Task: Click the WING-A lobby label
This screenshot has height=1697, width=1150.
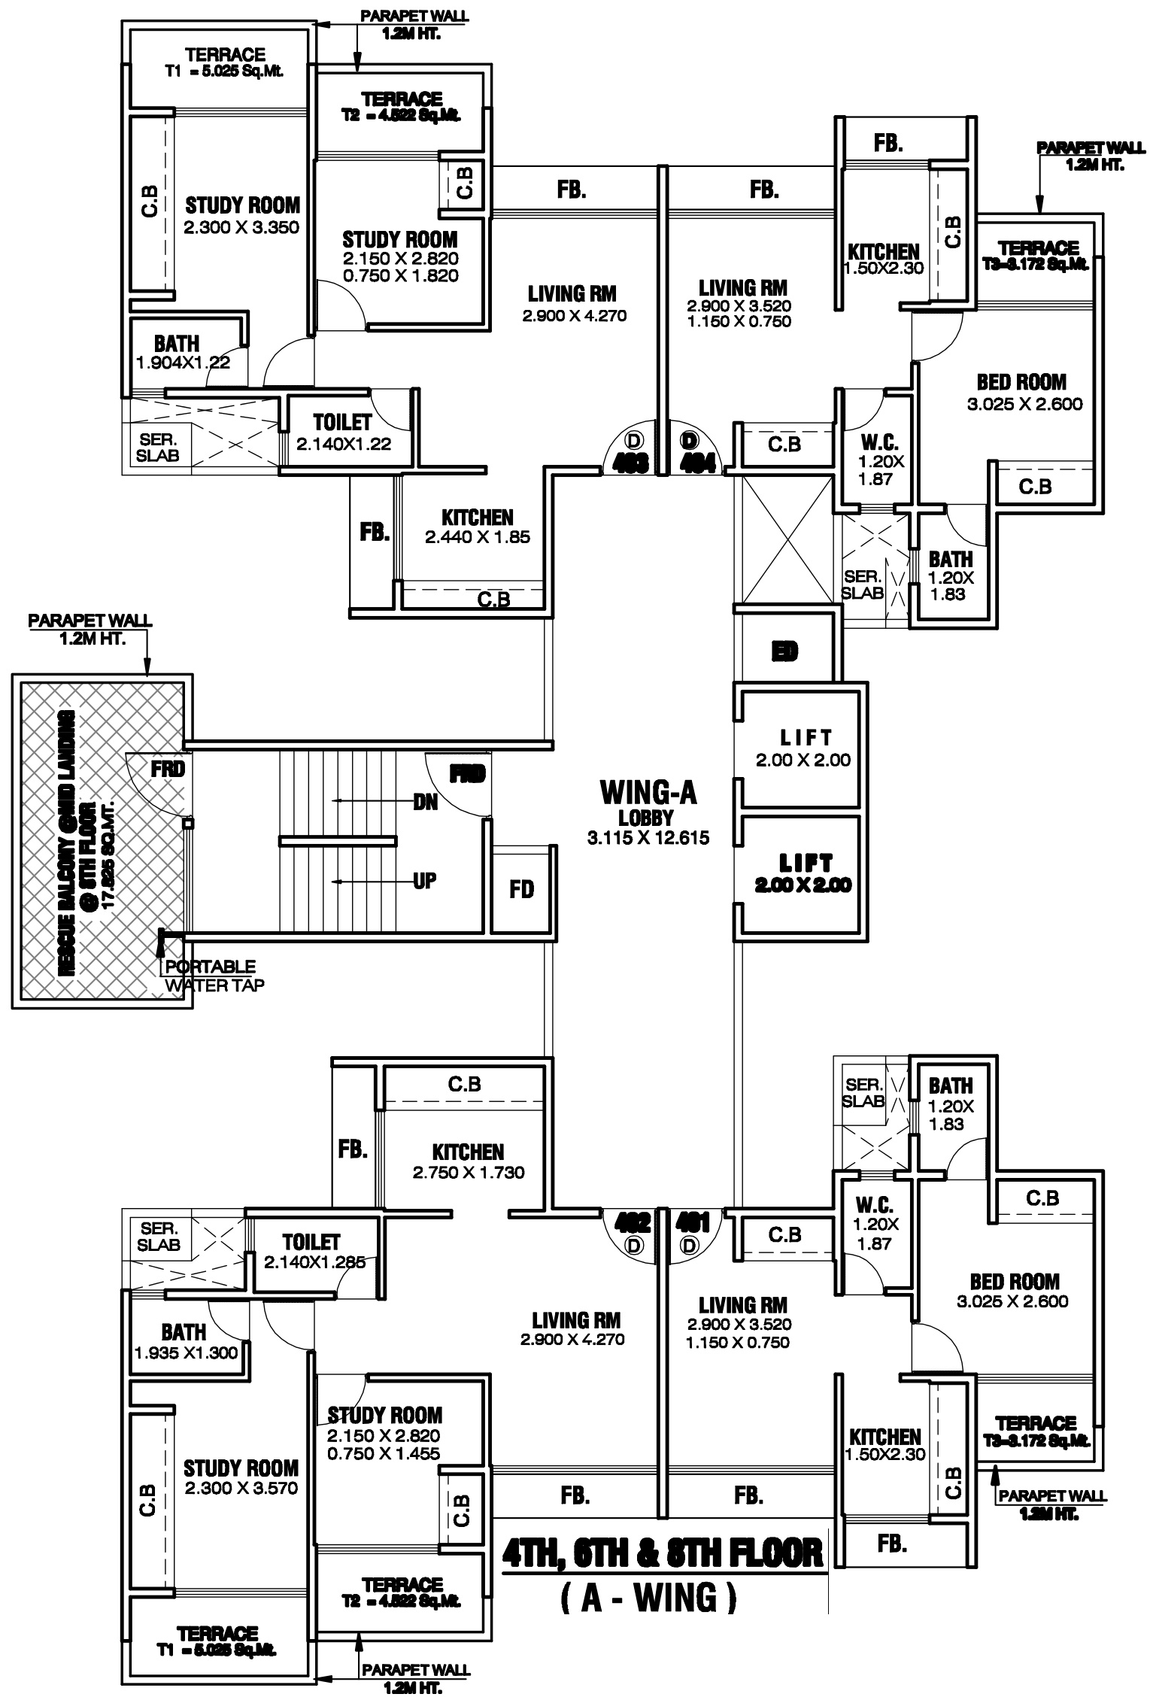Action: (x=648, y=793)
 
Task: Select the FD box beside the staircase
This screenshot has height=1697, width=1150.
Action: (x=521, y=890)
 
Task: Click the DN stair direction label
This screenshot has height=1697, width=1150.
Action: (x=425, y=802)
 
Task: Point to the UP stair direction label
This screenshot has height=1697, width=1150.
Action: (x=424, y=880)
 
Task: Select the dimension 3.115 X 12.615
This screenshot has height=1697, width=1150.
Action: (x=648, y=837)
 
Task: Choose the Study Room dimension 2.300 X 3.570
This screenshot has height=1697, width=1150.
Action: (x=241, y=1488)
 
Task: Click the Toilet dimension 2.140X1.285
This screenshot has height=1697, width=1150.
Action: (x=314, y=1262)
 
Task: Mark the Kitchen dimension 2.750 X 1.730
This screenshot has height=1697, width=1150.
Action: (x=468, y=1172)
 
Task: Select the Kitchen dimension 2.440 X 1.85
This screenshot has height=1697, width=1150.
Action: (x=477, y=537)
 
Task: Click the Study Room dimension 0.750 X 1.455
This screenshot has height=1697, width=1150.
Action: (x=384, y=1454)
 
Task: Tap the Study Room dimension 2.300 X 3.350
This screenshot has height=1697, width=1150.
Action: (x=241, y=227)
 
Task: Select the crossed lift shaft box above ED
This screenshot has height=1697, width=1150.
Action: (x=787, y=539)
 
